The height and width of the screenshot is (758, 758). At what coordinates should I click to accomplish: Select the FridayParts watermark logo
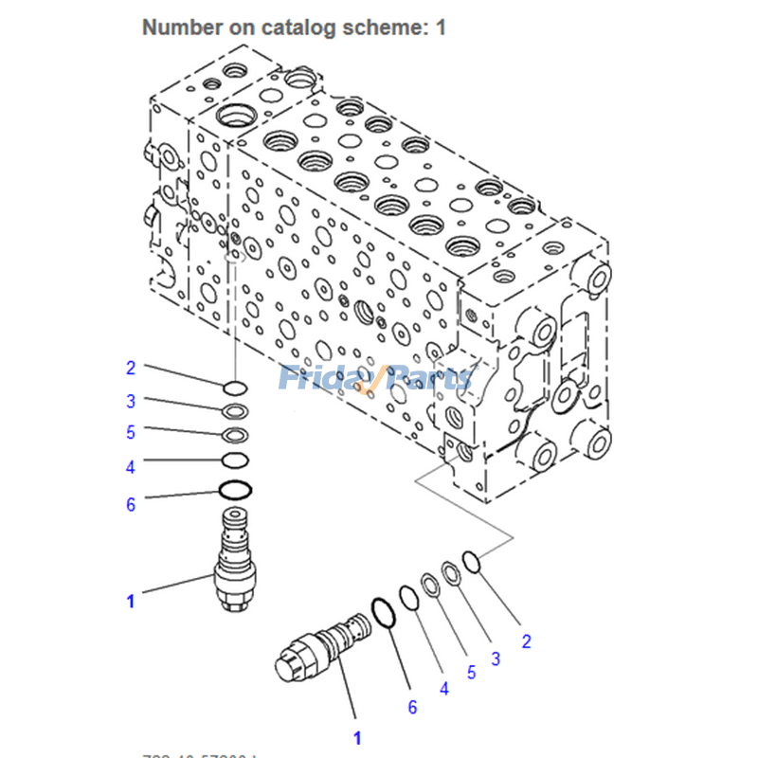click(375, 379)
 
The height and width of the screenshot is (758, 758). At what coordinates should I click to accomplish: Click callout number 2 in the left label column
click(131, 368)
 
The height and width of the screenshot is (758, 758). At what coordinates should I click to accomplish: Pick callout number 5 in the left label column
click(131, 432)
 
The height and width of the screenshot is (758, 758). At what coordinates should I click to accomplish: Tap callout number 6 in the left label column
click(131, 504)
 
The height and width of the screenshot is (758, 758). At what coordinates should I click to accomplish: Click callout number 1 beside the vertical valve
click(131, 600)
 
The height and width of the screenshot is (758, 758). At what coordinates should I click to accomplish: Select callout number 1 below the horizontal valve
click(357, 737)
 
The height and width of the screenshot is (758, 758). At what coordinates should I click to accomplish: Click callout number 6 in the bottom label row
click(412, 707)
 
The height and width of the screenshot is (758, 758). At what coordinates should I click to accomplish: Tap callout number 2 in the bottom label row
click(526, 641)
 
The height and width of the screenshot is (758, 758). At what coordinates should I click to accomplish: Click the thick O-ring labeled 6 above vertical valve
click(235, 490)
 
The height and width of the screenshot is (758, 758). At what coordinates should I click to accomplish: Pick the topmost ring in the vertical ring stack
click(235, 387)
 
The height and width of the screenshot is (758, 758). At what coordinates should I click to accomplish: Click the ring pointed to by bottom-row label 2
click(473, 561)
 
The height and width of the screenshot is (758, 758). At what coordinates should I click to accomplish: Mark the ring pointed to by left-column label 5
click(235, 436)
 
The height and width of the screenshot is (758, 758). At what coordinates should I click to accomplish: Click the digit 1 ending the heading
click(441, 27)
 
